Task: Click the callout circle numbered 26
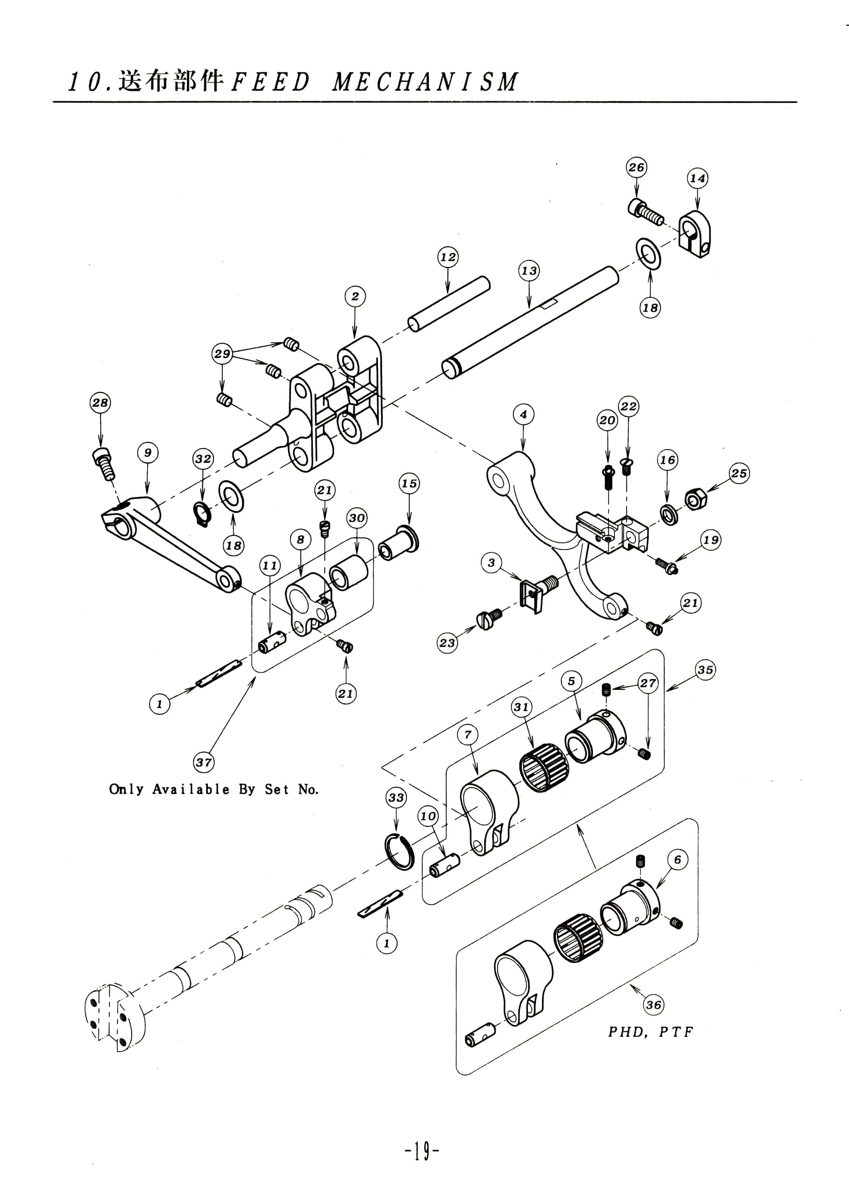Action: coord(636,167)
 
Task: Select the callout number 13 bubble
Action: coord(529,271)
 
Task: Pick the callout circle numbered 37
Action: coord(203,762)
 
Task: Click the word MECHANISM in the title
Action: coord(425,82)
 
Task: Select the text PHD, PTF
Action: coord(650,1032)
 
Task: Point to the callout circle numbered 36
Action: coord(654,1005)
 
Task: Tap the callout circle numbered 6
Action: coord(677,860)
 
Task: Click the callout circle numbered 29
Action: coord(222,353)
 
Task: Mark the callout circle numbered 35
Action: coord(705,669)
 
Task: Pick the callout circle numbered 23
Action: coord(447,643)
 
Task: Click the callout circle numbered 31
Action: coord(521,707)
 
